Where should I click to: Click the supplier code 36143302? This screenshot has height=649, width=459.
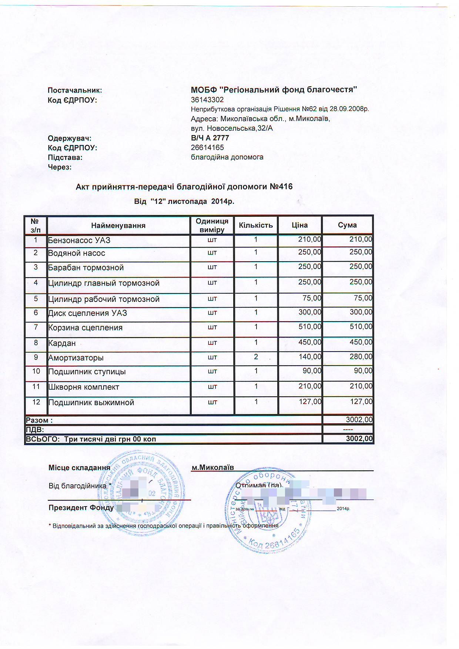pos(207,100)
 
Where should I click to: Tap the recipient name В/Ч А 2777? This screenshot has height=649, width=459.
pos(210,138)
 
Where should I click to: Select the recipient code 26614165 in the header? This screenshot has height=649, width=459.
pos(207,147)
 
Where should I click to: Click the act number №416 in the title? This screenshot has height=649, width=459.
pos(281,186)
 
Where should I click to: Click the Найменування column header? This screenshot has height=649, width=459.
pos(118,225)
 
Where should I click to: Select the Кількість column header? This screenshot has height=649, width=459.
pos(256,225)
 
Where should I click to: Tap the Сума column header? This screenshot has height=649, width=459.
pos(347,225)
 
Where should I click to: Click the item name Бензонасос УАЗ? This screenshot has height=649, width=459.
pos(79,240)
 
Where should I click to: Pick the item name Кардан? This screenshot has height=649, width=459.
pos(62,343)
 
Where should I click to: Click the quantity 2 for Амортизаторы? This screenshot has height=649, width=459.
pos(256,357)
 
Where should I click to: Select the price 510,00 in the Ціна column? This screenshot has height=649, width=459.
pos(309,327)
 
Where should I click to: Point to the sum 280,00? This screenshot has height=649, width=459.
pos(361,357)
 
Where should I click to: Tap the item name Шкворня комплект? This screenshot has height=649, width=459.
pos(84,387)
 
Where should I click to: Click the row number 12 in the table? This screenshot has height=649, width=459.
pos(36,402)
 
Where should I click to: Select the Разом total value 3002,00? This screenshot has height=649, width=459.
pos(359,420)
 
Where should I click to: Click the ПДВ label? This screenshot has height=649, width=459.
pos(35,430)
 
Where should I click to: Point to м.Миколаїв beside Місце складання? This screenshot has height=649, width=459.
pos(212,467)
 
